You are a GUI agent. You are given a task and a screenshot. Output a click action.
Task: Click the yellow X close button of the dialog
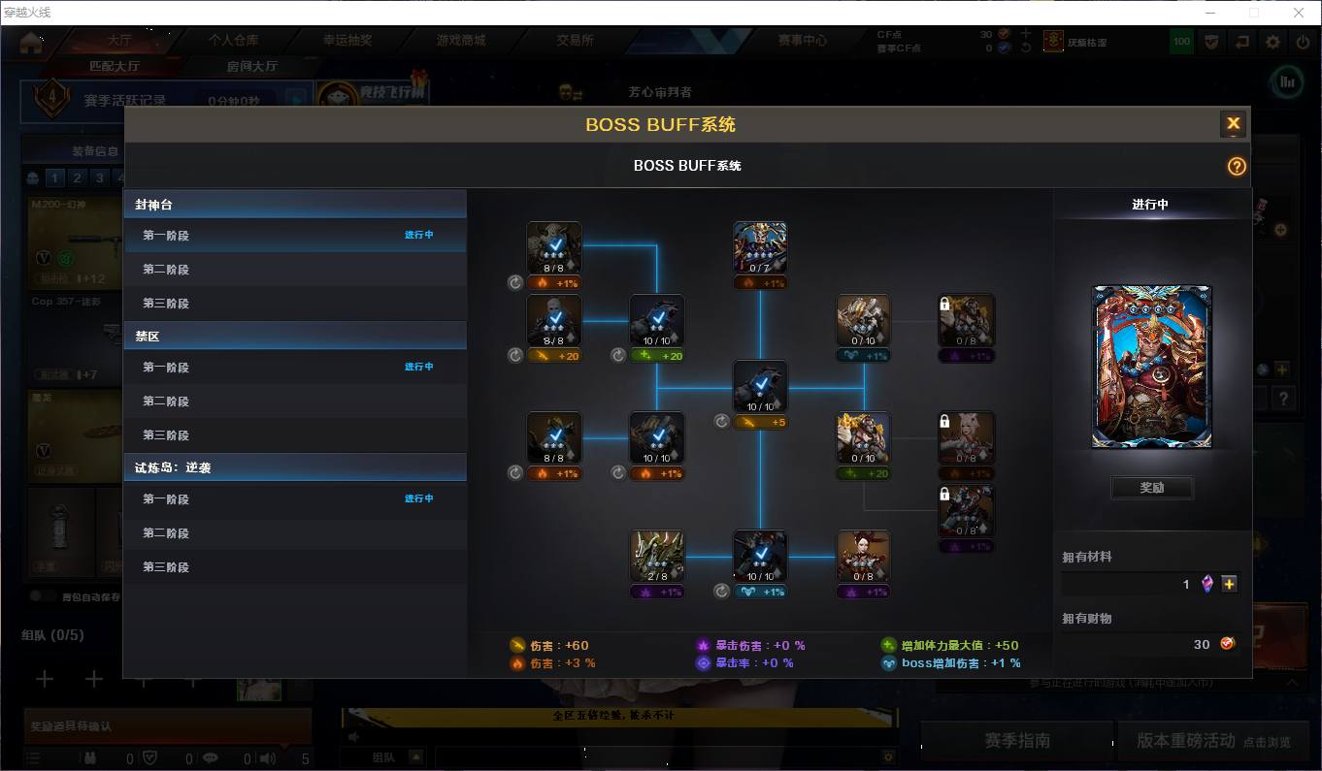pyautogui.click(x=1233, y=123)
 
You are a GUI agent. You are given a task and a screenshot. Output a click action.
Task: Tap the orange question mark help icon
pyautogui.click(x=1236, y=166)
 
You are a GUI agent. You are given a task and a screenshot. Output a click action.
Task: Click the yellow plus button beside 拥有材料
pyautogui.click(x=1229, y=584)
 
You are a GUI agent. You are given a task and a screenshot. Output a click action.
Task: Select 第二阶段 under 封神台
pyautogui.click(x=166, y=270)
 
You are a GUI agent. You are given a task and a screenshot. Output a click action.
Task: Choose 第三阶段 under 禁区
pyautogui.click(x=166, y=435)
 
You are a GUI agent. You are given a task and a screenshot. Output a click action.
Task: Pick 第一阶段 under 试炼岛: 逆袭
pyautogui.click(x=166, y=499)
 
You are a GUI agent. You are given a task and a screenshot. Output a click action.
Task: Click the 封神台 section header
pyautogui.click(x=154, y=205)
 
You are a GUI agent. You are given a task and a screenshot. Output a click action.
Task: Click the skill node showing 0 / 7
pyautogui.click(x=759, y=248)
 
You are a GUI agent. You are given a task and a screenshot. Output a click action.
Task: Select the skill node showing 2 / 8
pyautogui.click(x=657, y=556)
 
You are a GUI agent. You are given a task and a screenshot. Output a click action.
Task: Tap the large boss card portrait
pyautogui.click(x=1152, y=367)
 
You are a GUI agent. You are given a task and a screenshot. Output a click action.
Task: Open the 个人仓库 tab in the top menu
pyautogui.click(x=233, y=41)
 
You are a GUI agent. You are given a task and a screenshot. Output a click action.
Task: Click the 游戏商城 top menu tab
pyautogui.click(x=461, y=41)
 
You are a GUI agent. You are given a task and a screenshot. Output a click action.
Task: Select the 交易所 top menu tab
pyautogui.click(x=575, y=41)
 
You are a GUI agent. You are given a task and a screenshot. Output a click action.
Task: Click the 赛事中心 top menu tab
pyautogui.click(x=802, y=41)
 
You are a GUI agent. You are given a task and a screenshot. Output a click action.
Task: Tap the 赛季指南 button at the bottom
pyautogui.click(x=1016, y=740)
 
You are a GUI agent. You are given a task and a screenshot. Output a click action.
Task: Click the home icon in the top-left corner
pyautogui.click(x=31, y=42)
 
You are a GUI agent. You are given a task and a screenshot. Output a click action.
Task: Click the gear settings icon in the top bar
pyautogui.click(x=1272, y=42)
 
